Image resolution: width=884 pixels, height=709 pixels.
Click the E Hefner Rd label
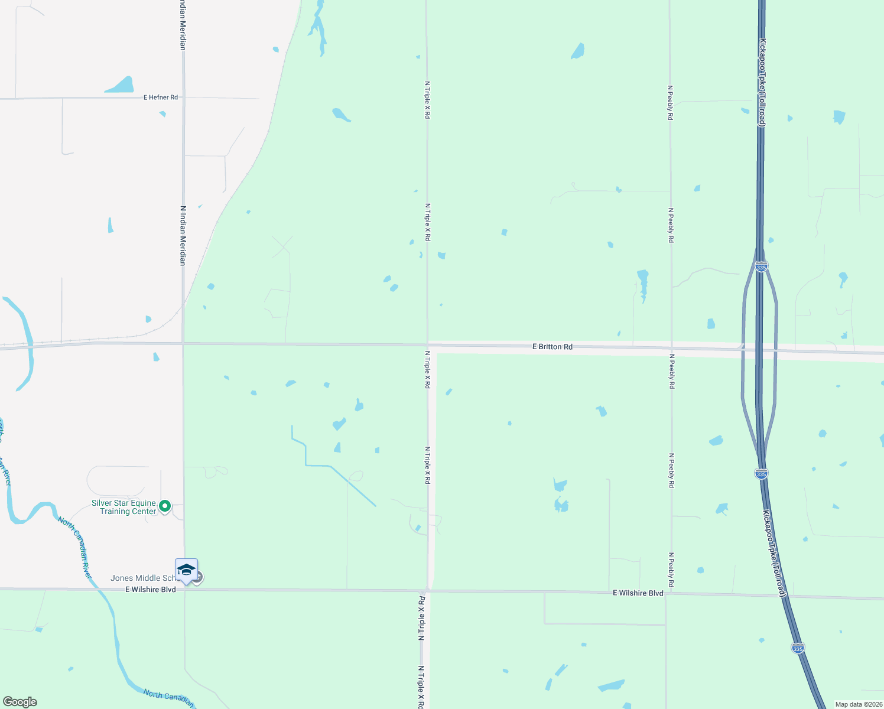click(x=161, y=97)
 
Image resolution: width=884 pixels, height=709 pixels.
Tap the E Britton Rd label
click(x=552, y=347)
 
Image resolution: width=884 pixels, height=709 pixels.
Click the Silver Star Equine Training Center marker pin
click(x=165, y=506)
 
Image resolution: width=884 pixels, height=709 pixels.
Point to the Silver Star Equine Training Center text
click(x=123, y=508)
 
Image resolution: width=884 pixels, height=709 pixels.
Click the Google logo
click(x=20, y=702)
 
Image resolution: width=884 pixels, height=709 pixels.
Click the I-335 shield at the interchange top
click(x=761, y=267)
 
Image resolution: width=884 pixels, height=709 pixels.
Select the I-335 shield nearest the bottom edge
click(x=798, y=648)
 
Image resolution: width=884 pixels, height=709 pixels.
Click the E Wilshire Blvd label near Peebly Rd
click(x=638, y=593)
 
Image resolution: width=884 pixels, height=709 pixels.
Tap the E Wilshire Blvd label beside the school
click(x=151, y=590)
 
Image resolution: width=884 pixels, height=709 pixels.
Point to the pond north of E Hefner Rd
click(x=121, y=86)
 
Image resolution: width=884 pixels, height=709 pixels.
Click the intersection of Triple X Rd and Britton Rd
click(x=428, y=345)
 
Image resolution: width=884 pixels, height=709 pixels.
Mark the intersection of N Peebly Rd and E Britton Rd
click(x=671, y=348)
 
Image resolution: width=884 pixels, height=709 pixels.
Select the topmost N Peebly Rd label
click(x=670, y=103)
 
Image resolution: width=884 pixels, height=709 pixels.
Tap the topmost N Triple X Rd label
click(x=427, y=100)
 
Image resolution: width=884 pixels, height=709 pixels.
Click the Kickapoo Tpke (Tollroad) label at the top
click(x=762, y=83)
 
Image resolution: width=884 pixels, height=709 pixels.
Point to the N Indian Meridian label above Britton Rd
click(x=183, y=235)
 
